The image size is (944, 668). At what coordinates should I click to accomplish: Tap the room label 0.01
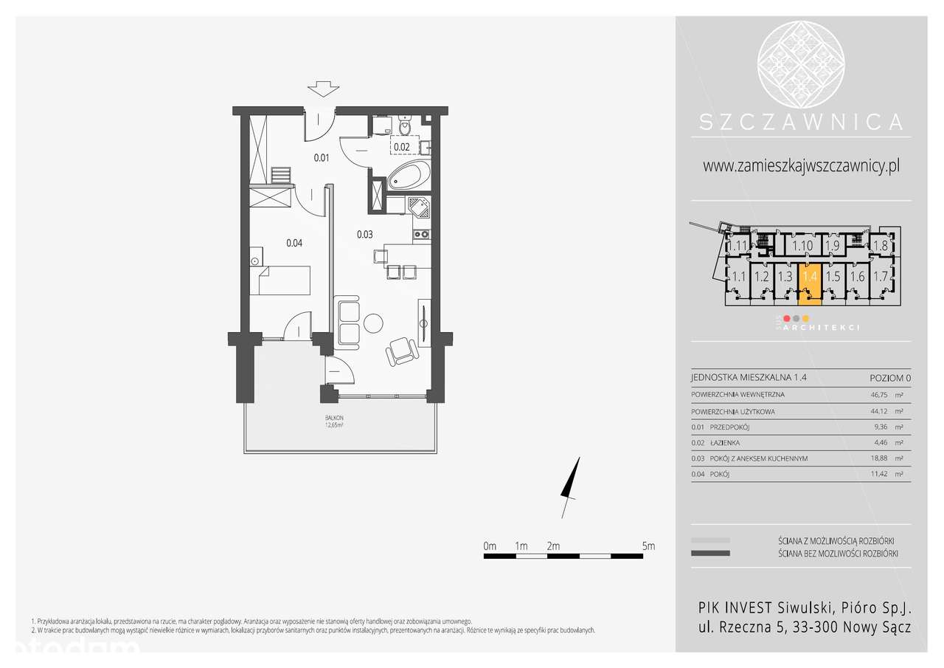pos(321,157)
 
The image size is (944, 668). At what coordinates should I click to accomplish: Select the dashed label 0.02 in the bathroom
pos(402,146)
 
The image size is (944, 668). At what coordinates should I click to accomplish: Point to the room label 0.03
pos(364,235)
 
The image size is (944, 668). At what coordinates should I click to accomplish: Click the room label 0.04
pos(294,242)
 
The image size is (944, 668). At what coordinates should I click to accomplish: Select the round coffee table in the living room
pos(373,323)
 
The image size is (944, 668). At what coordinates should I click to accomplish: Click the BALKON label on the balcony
pos(336,418)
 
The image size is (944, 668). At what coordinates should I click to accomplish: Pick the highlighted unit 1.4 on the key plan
pos(810,278)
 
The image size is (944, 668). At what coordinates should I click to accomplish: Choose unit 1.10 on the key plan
pos(802,246)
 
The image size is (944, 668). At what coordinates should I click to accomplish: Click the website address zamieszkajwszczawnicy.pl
pos(801,167)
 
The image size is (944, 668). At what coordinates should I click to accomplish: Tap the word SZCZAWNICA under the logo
pos(801,121)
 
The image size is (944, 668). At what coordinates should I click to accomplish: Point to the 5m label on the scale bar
pos(648,546)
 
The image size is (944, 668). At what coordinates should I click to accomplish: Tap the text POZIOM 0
pos(890,378)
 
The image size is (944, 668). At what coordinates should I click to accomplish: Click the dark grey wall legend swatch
pos(710,553)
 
